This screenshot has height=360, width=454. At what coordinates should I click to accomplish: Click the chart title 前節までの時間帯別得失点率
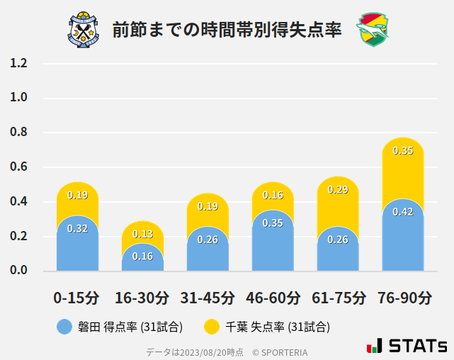click(x=227, y=30)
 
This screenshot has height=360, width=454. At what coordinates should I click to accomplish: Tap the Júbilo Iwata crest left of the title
click(x=84, y=29)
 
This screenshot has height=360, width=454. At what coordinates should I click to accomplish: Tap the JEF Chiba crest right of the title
click(x=373, y=29)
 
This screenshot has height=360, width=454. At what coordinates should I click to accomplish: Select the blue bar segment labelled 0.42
click(x=402, y=237)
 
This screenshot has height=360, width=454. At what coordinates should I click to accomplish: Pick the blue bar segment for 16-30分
click(x=142, y=258)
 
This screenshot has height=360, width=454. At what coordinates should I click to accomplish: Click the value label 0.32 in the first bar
click(x=77, y=228)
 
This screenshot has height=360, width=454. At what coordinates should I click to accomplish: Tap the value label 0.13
click(x=142, y=234)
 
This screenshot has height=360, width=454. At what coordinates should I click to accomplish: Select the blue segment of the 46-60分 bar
click(x=273, y=242)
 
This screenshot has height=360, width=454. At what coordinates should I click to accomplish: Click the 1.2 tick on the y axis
click(x=19, y=63)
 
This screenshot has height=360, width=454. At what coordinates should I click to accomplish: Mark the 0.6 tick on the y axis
click(x=19, y=167)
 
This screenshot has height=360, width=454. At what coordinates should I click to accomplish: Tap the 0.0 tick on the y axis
click(x=19, y=271)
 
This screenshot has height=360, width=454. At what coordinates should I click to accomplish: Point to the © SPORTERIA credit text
click(x=280, y=351)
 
